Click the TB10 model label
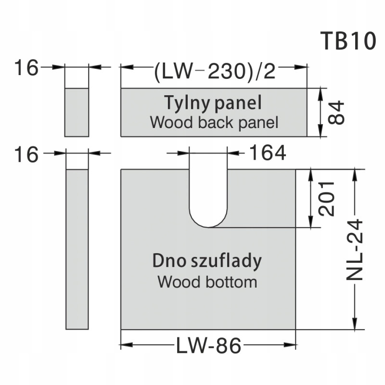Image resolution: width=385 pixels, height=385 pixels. click(347, 42)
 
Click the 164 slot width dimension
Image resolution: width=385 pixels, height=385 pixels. click(268, 154)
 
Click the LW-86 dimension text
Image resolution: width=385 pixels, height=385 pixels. click(208, 346)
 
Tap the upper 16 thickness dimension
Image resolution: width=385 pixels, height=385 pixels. click(26, 68)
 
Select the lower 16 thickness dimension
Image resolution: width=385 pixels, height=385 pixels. click(26, 155)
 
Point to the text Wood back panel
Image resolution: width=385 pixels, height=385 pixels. click(214, 122)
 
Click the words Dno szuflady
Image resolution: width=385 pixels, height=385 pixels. click(207, 261)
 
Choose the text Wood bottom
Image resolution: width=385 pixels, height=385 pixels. click(207, 281)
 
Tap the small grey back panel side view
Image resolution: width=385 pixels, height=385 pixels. click(77, 112)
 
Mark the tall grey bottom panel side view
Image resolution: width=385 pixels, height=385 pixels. click(77, 249)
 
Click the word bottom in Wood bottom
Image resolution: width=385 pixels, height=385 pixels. click(233, 281)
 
